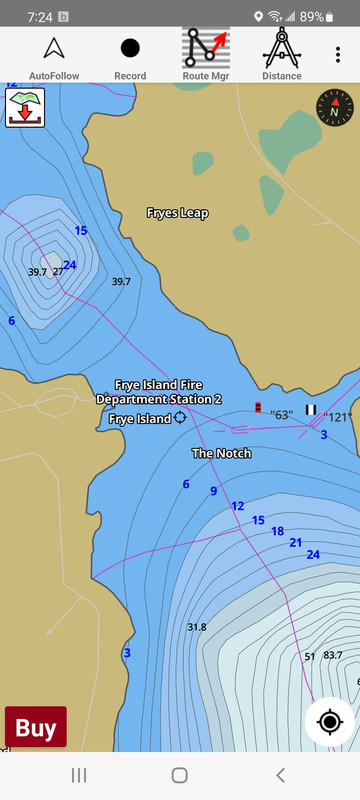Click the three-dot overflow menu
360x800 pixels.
pyautogui.click(x=338, y=55)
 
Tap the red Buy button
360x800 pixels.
pyautogui.click(x=36, y=728)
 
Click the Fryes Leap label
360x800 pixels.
pyautogui.click(x=177, y=213)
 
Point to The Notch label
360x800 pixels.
pyautogui.click(x=221, y=453)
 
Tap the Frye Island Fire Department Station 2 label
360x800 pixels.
pyautogui.click(x=159, y=392)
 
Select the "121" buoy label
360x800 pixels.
pyautogui.click(x=339, y=417)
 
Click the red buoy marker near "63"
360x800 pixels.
pyautogui.click(x=258, y=407)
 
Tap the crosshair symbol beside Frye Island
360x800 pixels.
pyautogui.click(x=180, y=419)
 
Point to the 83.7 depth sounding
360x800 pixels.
pyautogui.click(x=332, y=656)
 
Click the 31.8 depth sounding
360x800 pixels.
pyautogui.click(x=196, y=627)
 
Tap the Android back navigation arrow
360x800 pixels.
pyautogui.click(x=280, y=775)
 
